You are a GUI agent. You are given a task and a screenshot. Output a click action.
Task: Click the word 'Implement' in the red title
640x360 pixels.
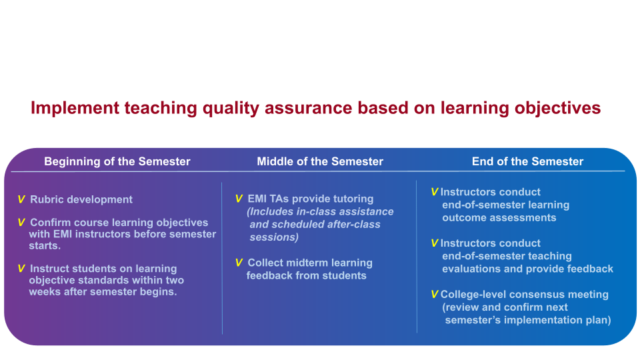(x=75, y=109)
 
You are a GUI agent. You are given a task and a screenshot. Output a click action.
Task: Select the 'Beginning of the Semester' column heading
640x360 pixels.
(x=117, y=161)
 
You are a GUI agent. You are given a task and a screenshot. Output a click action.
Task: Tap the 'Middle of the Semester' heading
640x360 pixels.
(x=320, y=161)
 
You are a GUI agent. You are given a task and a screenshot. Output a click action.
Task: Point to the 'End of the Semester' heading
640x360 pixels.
(x=528, y=161)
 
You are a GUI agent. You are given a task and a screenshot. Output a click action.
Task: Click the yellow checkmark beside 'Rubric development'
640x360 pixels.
(x=21, y=199)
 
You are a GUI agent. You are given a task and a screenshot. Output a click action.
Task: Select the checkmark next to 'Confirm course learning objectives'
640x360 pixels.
(x=21, y=223)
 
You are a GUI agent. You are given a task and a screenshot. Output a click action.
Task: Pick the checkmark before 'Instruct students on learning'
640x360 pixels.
(x=21, y=269)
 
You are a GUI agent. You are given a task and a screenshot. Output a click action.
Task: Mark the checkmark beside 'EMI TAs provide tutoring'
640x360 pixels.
(x=239, y=199)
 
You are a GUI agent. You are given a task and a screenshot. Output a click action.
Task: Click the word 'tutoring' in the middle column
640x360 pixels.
(x=353, y=199)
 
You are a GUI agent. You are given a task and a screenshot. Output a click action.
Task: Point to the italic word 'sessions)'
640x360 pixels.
(x=274, y=237)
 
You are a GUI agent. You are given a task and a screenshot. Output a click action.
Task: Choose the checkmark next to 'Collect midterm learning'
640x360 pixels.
(x=239, y=263)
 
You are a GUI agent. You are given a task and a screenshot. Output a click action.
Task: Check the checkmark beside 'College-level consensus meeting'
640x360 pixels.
(x=435, y=294)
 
